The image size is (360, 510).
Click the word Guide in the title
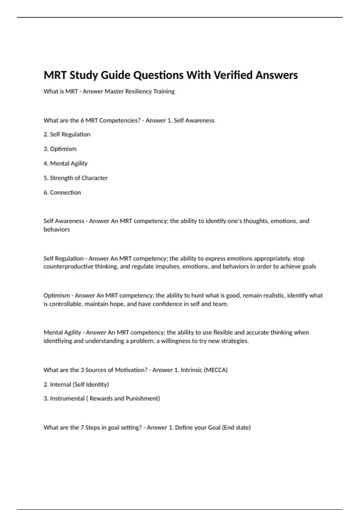pos(115,75)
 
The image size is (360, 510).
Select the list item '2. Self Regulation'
pos(67,134)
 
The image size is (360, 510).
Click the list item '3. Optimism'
pos(60,149)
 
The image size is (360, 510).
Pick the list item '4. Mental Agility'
pos(66,163)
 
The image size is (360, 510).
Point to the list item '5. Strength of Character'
pos(76,178)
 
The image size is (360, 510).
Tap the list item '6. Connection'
pos(62,193)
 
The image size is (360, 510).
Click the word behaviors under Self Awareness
pos(57,229)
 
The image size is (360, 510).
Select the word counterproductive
pos(68,266)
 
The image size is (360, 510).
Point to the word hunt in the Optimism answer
pos(197,295)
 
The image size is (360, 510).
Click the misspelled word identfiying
pos(58,341)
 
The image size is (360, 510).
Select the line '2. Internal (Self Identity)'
pos(76,384)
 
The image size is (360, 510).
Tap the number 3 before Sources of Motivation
pos(82,370)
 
